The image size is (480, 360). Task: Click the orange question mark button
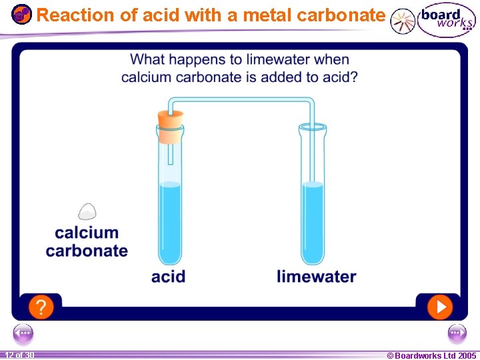41,307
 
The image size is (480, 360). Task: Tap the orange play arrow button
439,307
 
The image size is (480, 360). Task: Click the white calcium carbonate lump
87,211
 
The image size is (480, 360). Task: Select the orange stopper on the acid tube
170,127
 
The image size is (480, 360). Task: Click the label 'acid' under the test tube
168,276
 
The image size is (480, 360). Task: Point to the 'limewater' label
316,276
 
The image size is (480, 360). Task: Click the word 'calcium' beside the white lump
87,233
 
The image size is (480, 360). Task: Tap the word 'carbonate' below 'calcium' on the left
87,251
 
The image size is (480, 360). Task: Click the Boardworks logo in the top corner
445,21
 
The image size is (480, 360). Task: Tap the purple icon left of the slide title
21,14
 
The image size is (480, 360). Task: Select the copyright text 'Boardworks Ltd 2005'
431,355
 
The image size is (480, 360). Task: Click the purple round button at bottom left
23,333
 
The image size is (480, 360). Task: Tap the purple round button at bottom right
457,333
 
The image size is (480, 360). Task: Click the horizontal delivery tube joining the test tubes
240,100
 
